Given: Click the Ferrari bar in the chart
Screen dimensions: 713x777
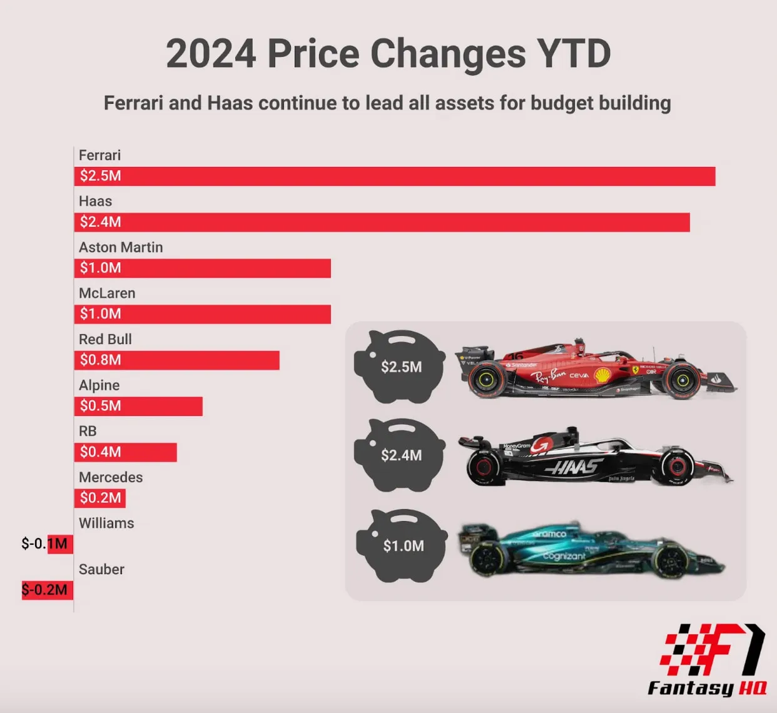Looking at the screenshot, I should coord(394,176).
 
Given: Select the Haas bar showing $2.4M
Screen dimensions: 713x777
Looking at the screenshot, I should coord(382,222).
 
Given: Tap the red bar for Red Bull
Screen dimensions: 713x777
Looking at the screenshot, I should coord(176,360).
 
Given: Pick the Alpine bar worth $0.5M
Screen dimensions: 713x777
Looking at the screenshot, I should coord(138,406).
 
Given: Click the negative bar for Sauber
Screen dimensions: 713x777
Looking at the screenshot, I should coord(48,590).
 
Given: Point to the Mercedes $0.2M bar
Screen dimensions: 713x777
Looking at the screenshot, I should coord(100,498).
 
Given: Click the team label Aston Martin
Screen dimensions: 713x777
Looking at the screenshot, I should coord(121,247).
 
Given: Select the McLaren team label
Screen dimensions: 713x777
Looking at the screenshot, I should coord(107,293).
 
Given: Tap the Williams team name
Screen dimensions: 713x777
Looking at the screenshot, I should coord(106,523).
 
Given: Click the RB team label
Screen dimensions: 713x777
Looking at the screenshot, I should coord(88,431).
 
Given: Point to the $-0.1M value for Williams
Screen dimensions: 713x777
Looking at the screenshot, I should coord(44,544).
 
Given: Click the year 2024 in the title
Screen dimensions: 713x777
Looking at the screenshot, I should coord(211,54).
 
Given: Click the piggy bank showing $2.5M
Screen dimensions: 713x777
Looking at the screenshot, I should coord(399,366).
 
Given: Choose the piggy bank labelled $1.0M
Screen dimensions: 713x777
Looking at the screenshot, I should coord(402,545).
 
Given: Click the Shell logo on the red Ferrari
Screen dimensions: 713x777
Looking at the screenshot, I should coord(602,375).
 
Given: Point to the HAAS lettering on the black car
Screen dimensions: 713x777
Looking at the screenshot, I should coord(574,466).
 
